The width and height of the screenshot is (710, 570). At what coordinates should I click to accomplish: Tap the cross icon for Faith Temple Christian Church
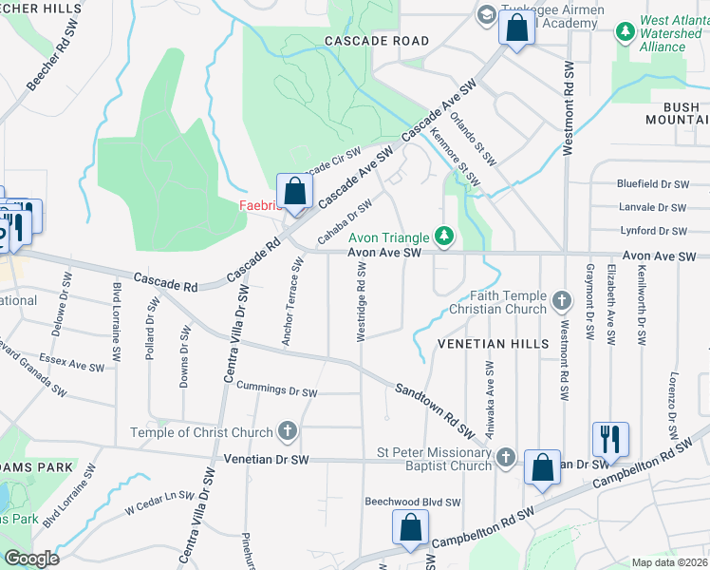point(561,301)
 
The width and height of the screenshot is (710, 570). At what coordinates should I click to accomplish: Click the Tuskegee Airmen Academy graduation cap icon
point(486,14)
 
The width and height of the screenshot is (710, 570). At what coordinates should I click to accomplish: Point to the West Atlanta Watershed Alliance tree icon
point(625,32)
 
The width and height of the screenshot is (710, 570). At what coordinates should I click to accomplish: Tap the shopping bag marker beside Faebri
point(295,190)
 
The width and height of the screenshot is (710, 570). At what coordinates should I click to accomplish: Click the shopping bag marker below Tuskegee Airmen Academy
point(516,28)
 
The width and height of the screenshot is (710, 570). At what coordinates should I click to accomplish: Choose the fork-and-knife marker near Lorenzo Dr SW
point(607,438)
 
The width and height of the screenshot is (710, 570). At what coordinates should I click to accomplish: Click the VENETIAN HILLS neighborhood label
point(493,343)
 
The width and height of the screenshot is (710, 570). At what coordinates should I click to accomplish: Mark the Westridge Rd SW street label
point(361,304)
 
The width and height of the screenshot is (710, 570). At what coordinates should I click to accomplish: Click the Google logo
point(31,559)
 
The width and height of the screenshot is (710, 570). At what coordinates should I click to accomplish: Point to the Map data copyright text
point(670,562)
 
